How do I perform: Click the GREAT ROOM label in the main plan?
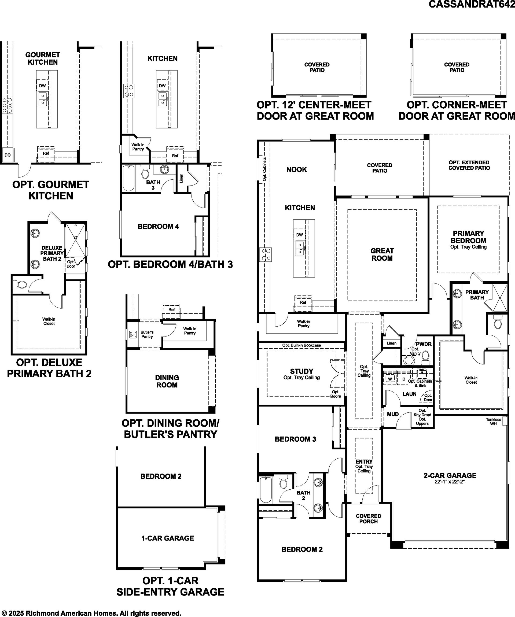click(x=382, y=254)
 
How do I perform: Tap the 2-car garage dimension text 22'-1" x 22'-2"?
click(x=450, y=482)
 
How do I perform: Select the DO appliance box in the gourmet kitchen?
click(x=8, y=155)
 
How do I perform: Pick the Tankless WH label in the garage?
click(x=493, y=422)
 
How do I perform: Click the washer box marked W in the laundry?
click(x=390, y=379)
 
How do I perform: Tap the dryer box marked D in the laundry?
click(x=404, y=379)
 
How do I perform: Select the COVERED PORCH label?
click(x=368, y=519)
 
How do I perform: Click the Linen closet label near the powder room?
click(x=392, y=343)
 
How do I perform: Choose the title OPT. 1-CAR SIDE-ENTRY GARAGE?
click(x=170, y=586)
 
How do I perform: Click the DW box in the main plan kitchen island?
click(x=300, y=235)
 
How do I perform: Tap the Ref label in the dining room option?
click(x=172, y=309)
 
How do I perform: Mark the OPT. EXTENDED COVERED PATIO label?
click(x=469, y=165)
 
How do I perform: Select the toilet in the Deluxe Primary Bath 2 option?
click(x=20, y=285)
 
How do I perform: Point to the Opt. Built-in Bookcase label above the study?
click(x=301, y=345)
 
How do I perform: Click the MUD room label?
click(x=393, y=414)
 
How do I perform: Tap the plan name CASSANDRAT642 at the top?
click(x=472, y=4)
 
